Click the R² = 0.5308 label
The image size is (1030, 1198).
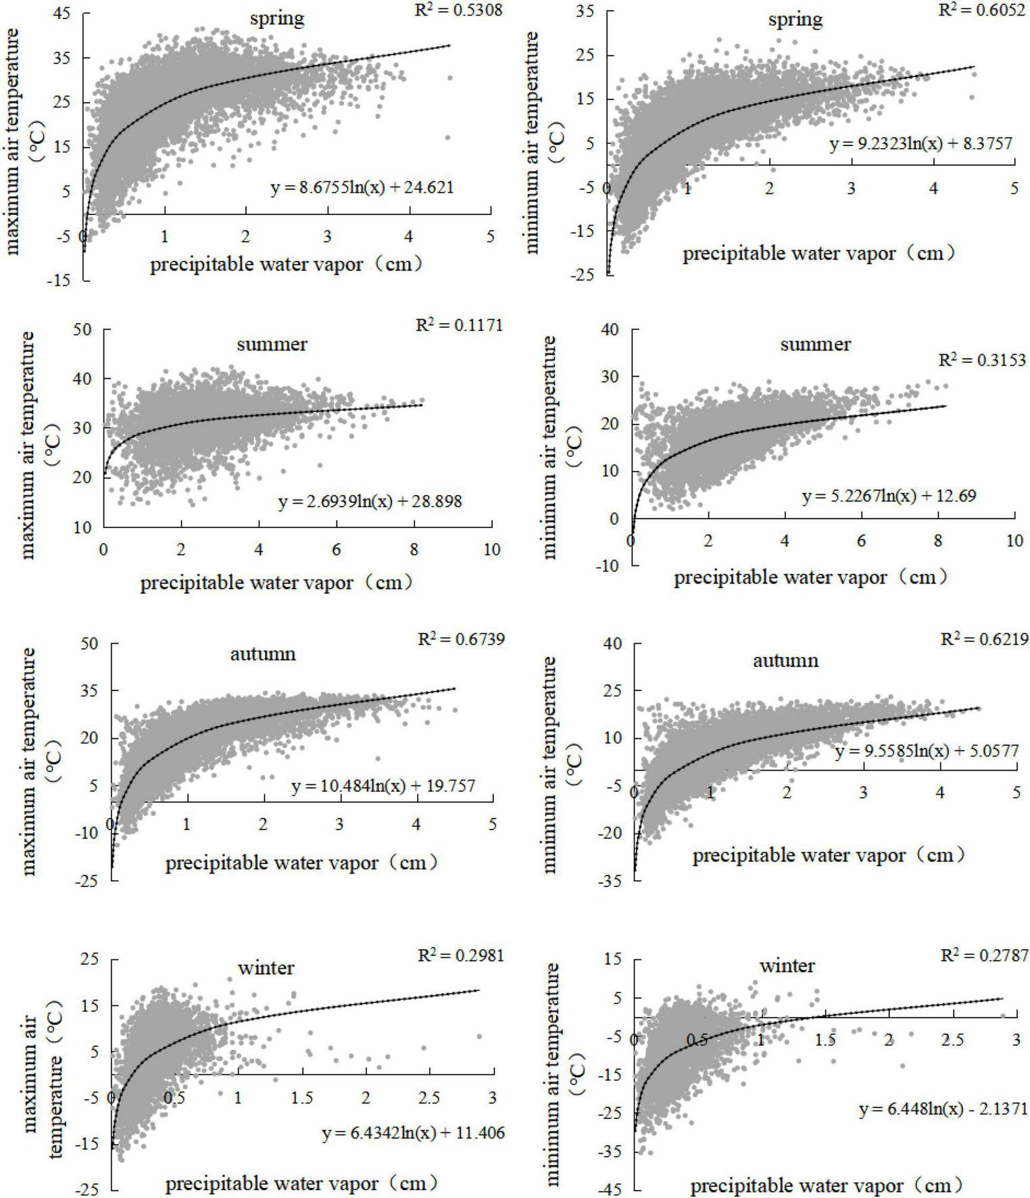click(458, 10)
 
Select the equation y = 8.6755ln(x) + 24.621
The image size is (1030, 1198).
click(362, 187)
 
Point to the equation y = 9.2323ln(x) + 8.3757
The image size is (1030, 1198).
click(921, 144)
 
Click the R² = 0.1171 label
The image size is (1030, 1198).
click(459, 325)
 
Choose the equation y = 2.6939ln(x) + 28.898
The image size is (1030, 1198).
click(370, 502)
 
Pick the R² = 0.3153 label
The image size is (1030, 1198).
click(982, 360)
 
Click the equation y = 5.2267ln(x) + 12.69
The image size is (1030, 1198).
click(889, 496)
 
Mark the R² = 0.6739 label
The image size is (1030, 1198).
click(461, 639)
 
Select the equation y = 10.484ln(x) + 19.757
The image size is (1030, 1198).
click(383, 786)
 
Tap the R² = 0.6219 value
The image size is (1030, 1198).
click(985, 639)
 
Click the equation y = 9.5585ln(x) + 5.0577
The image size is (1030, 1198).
click(927, 751)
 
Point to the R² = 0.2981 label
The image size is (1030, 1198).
click(461, 955)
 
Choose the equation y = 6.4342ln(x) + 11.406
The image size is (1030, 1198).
click(413, 1132)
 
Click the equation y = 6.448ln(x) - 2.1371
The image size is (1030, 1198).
click(943, 1109)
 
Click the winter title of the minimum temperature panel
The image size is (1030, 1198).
click(787, 966)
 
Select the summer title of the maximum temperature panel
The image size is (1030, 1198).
click(272, 344)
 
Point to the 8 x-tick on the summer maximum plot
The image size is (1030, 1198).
click(414, 550)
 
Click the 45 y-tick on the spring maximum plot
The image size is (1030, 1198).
click(62, 14)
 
